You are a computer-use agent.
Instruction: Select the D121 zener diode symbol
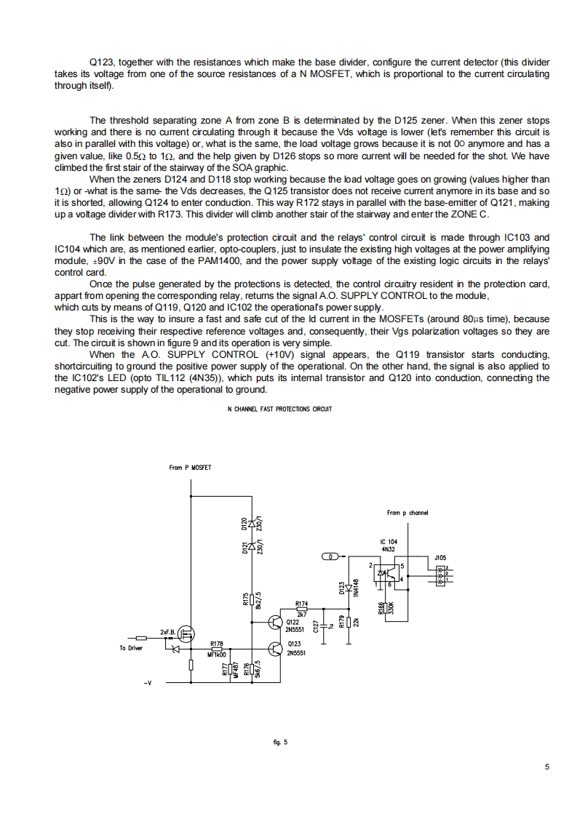tap(252, 545)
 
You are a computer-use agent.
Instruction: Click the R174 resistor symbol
tap(301, 609)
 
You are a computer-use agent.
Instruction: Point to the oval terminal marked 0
tap(331, 557)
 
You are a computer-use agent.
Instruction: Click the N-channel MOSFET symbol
tap(187, 635)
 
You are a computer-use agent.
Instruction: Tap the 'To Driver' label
tap(131, 647)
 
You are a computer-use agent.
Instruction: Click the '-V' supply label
tap(148, 684)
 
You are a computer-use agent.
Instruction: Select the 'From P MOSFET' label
tap(190, 468)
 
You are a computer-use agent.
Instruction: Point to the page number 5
tap(546, 767)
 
